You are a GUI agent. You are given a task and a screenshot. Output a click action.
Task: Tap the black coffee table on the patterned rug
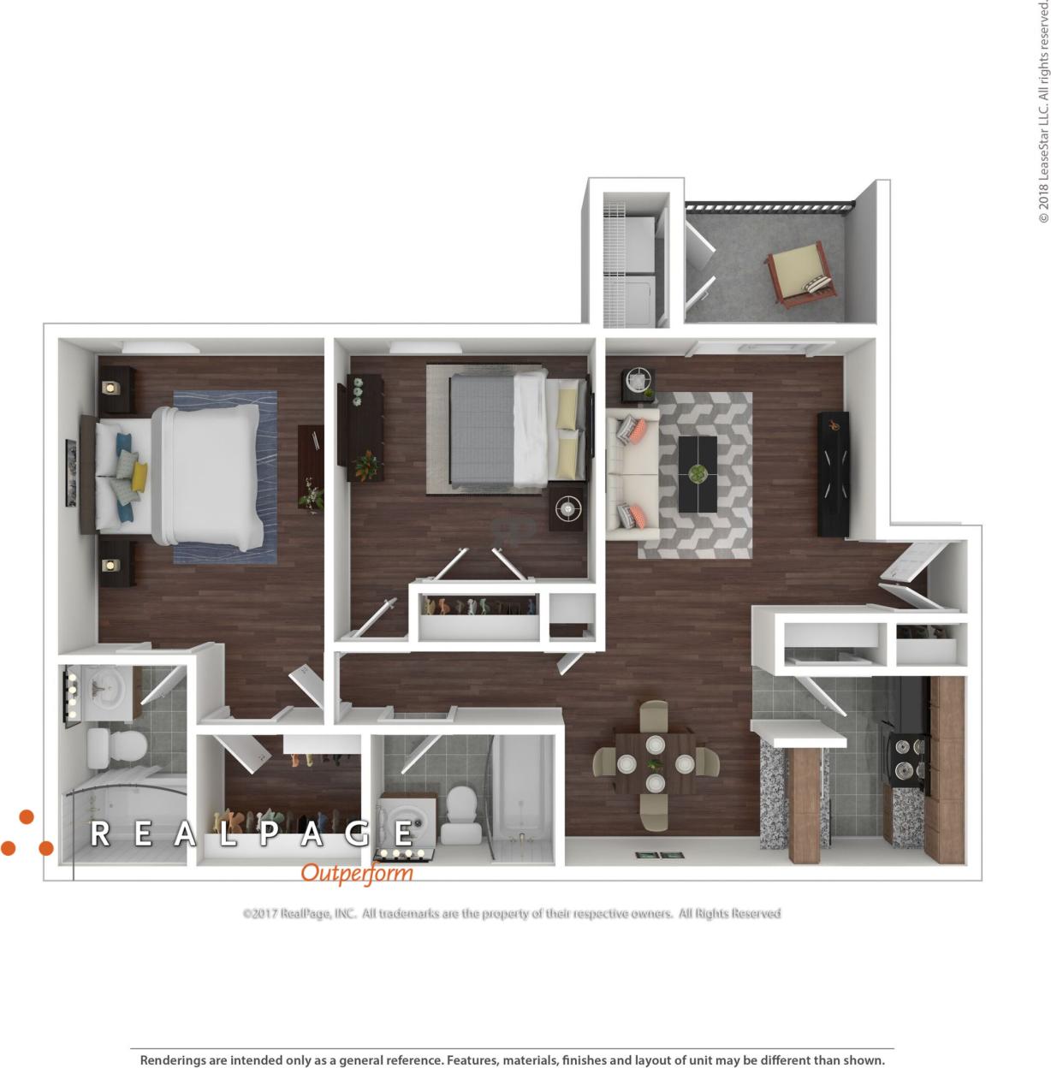(698, 474)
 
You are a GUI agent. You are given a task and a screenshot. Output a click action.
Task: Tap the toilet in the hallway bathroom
(460, 814)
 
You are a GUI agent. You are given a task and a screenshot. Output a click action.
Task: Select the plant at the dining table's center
(655, 763)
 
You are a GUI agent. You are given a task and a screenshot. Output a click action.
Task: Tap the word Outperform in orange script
(357, 874)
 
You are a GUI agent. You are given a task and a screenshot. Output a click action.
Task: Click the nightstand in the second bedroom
(567, 509)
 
